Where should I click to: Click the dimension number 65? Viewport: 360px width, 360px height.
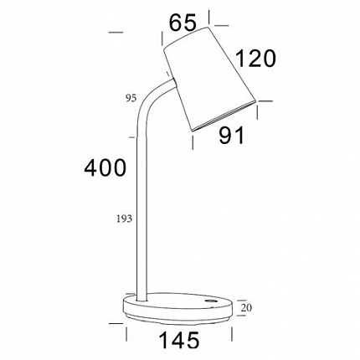click(183, 23)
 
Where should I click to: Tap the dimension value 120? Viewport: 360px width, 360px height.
click(255, 59)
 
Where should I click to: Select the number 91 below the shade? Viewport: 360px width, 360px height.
click(231, 136)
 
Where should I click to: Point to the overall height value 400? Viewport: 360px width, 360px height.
click(105, 167)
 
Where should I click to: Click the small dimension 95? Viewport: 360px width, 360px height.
click(131, 98)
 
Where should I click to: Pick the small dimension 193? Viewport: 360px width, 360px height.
click(124, 219)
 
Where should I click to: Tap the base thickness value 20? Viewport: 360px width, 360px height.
click(246, 307)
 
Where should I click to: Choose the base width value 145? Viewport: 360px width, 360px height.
click(179, 340)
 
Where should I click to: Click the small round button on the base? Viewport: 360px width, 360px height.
click(209, 301)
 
